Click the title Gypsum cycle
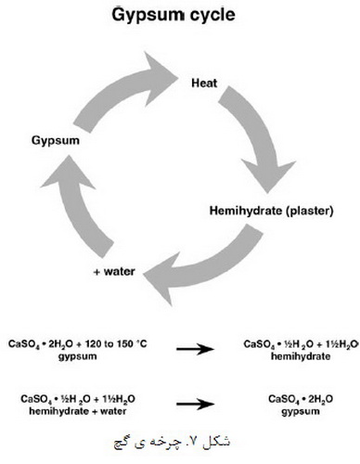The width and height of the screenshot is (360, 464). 174,16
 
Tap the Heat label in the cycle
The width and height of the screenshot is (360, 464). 204,84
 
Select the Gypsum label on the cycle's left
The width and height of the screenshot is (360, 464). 56,141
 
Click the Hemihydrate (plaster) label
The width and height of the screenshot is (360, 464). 272,211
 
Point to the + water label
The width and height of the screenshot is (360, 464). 114,272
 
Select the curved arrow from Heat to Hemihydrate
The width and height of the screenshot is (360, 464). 257,136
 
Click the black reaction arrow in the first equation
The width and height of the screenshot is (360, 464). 195,349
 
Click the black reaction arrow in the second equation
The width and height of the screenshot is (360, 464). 195,404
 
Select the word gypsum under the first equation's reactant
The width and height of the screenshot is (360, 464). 77,356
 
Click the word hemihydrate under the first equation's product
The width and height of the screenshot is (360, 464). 301,356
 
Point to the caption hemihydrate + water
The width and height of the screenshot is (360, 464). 78,411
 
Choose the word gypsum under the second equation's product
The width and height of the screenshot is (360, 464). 301,412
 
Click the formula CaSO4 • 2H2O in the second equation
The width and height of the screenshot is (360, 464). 301,399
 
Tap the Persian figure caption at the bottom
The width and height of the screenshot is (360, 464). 172,442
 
